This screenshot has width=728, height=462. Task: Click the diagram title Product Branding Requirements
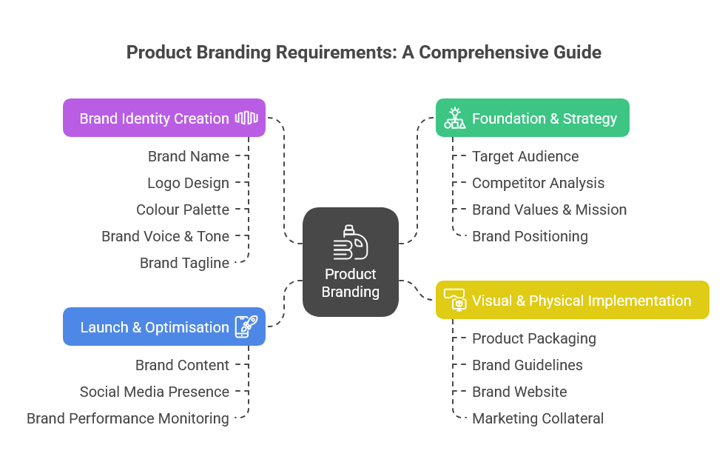tap(363, 53)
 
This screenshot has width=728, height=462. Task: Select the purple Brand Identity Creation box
tap(164, 118)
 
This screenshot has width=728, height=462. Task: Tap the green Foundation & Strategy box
tap(532, 118)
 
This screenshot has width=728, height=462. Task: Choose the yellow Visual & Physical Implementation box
tap(572, 300)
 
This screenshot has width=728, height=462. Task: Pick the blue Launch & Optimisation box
tap(164, 327)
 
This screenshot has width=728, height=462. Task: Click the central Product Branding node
tap(351, 262)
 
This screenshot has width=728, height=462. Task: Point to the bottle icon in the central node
tap(350, 242)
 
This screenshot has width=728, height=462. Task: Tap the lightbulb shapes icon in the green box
tap(454, 118)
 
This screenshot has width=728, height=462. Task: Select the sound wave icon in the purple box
tap(246, 118)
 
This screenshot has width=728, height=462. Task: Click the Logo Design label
tap(188, 183)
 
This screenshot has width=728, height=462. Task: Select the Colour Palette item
tap(183, 210)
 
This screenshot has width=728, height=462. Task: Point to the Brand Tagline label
tap(184, 263)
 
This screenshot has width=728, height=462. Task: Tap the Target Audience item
tap(525, 156)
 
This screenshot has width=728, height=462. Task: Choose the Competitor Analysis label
tap(538, 183)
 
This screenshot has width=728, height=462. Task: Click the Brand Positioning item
tap(530, 236)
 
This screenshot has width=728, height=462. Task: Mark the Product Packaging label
tap(533, 338)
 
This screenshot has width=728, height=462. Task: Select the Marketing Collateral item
tap(537, 418)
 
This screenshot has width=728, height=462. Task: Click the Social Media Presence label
tap(155, 392)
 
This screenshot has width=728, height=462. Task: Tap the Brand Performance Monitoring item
tap(128, 418)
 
